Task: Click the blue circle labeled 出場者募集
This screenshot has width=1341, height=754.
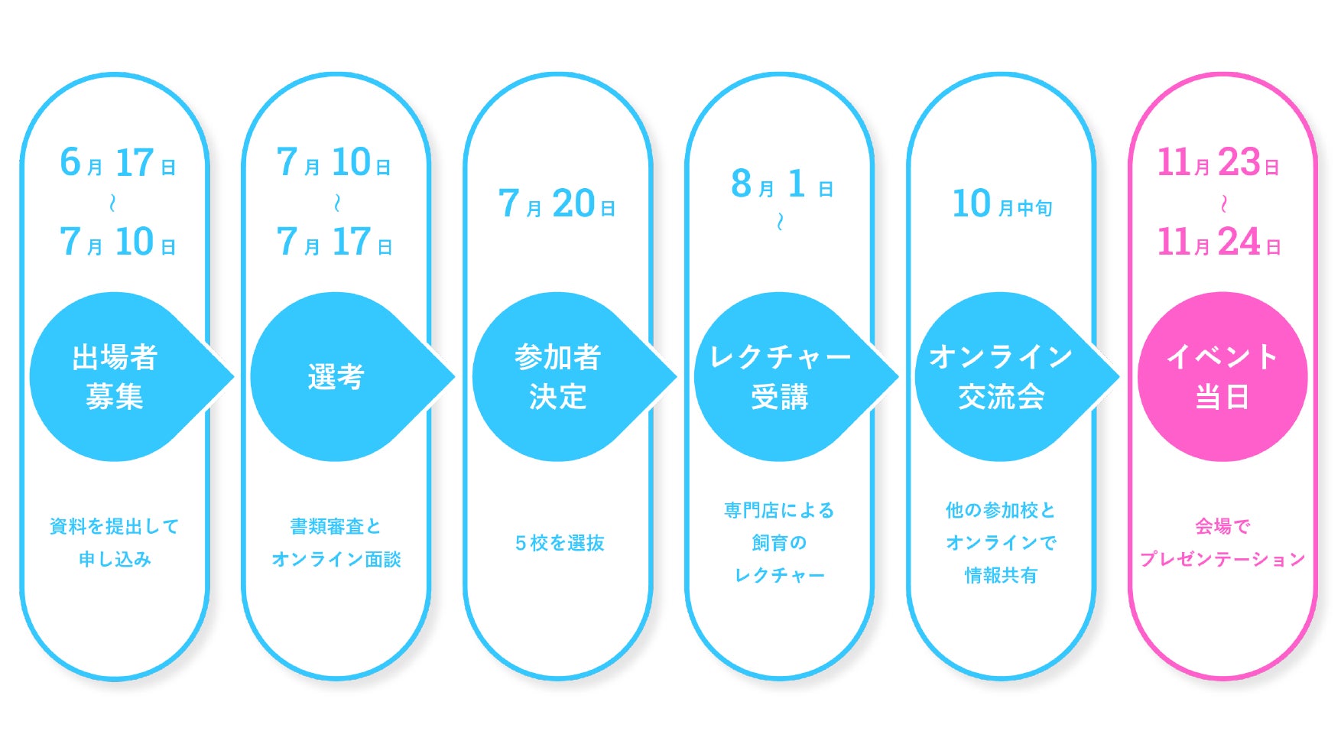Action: pos(115,376)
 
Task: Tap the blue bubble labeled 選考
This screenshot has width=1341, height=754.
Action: pos(336,376)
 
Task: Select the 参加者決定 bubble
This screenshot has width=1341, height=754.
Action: pos(558,376)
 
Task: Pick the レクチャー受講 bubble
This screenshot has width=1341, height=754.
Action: pos(780,376)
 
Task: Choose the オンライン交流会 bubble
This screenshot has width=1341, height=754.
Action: pos(1001,376)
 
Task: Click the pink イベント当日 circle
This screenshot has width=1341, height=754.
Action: pos(1222,376)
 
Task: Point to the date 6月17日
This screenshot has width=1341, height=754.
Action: pos(118,163)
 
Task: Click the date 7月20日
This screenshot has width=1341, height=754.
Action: pos(557,204)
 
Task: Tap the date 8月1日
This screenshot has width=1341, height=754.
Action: pos(781,184)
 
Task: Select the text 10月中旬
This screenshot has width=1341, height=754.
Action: pos(1002,204)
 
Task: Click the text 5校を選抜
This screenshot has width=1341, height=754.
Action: pos(560,543)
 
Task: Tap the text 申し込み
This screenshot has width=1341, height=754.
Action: pos(115,559)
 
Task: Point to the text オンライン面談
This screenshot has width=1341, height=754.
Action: pos(336,559)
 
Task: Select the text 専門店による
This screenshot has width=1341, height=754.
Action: pos(779,510)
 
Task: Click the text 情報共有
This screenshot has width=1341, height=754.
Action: pos(1001,575)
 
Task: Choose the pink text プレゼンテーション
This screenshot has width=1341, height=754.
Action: pos(1222,559)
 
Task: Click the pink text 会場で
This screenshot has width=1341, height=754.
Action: pos(1222,526)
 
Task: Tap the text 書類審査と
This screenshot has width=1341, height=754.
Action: pos(336,526)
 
